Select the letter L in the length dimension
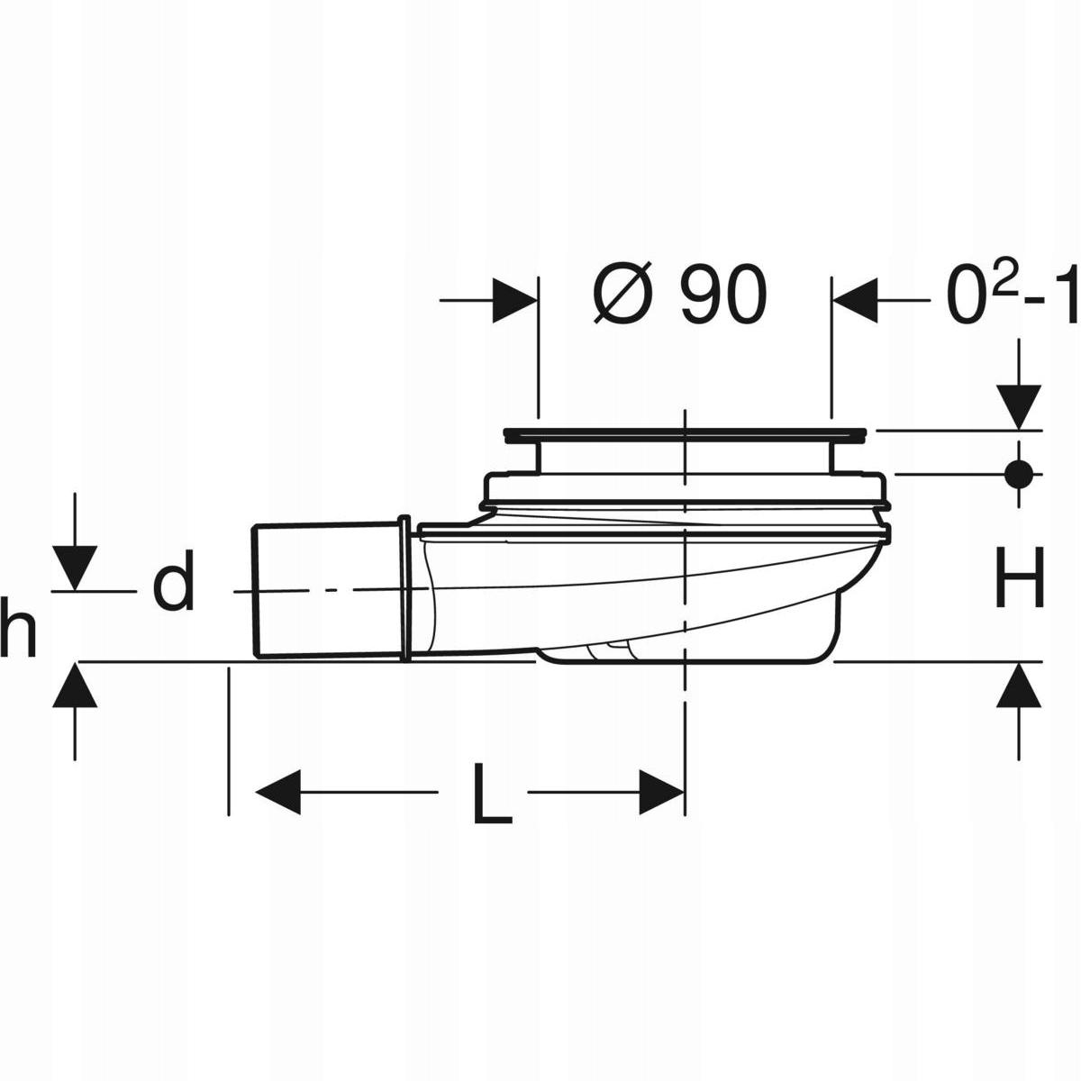tap(491, 794)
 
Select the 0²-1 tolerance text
tap(1010, 296)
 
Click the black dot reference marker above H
tap(1019, 472)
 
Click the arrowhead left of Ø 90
tap(515, 300)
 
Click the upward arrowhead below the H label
tap(1019, 687)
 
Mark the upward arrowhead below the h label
tap(74, 687)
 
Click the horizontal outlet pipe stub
tap(324, 589)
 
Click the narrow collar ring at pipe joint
tap(404, 589)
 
